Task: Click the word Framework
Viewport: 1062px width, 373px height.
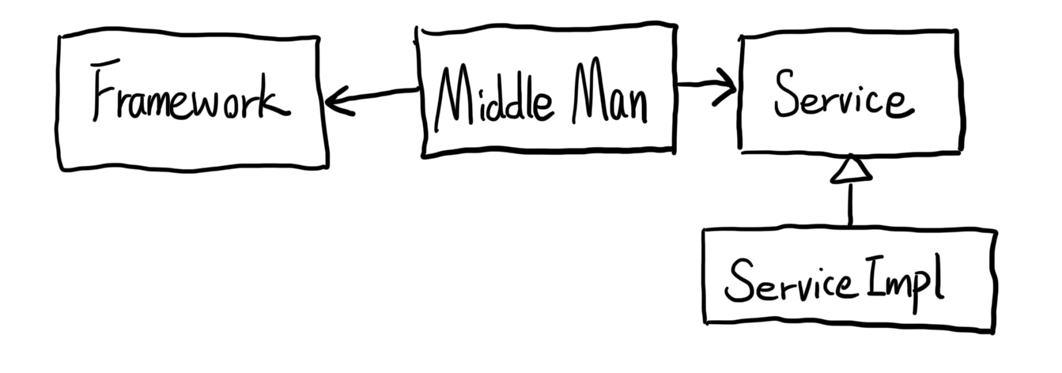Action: coord(191,90)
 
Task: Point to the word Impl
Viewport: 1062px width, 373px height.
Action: coord(905,282)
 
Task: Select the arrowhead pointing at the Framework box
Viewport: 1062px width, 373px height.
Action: coord(339,101)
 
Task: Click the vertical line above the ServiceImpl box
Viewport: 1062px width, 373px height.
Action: coord(851,205)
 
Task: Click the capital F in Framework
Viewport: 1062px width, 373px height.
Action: coord(105,90)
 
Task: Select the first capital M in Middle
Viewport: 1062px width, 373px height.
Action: coord(454,98)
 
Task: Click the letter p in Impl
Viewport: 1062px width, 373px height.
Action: coord(922,290)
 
